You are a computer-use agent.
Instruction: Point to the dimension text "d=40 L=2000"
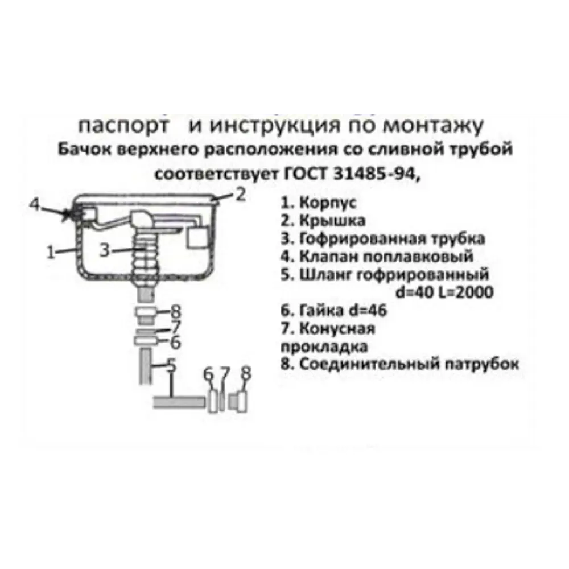[443, 292]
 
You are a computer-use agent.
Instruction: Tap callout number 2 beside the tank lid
[240, 195]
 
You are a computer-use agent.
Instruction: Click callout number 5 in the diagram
[171, 365]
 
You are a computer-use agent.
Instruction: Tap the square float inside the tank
[199, 237]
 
